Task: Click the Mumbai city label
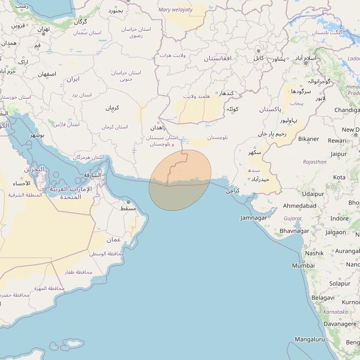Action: [303, 265]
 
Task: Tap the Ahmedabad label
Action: [300, 205]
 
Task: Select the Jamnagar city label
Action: [254, 218]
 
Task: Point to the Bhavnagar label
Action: [294, 231]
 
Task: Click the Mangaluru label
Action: [310, 339]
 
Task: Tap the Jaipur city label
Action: [338, 154]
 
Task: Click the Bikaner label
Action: [308, 139]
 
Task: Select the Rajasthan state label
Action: [315, 162]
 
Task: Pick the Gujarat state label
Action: [293, 218]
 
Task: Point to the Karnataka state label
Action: [335, 312]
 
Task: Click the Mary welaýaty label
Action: [176, 10]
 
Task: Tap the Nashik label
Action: [314, 253]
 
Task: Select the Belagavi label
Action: [323, 298]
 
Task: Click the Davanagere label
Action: [340, 323]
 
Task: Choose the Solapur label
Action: [339, 284]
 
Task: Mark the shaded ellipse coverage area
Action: [180, 180]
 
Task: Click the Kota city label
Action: [339, 177]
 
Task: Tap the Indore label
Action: [339, 218]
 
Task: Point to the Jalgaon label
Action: [336, 232]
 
